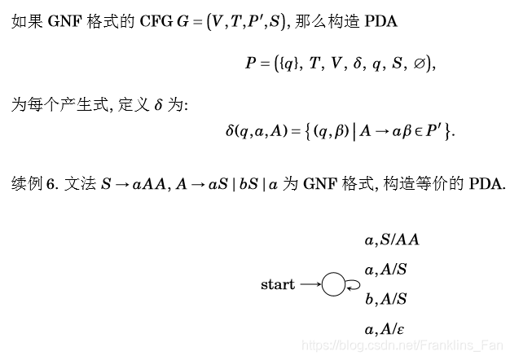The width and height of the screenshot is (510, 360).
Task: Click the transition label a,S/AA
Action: click(392, 239)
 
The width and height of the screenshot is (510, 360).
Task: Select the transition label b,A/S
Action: click(385, 299)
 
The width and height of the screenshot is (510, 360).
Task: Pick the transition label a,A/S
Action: click(385, 270)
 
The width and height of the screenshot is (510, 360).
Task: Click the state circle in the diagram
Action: click(333, 284)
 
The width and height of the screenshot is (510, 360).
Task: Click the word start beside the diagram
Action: click(278, 284)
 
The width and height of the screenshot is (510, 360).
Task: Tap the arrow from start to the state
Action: click(310, 284)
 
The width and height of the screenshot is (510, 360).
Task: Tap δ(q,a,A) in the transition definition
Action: click(256, 130)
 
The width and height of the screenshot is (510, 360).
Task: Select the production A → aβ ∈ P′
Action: click(398, 130)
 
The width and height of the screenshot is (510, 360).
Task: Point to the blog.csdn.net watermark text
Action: click(402, 345)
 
